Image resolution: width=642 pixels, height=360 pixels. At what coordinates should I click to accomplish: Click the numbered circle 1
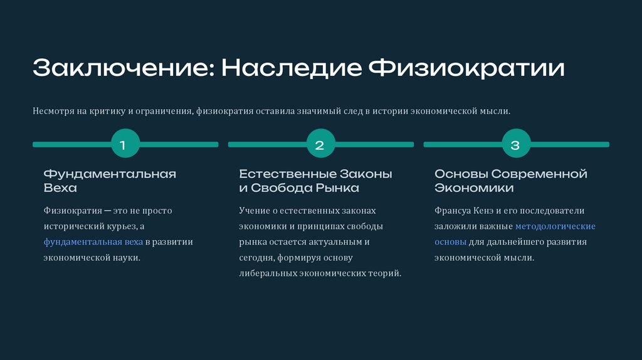[x=123, y=145]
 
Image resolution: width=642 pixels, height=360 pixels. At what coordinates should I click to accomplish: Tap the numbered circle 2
[x=319, y=145]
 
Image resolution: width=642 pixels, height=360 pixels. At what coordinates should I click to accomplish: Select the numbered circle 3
[x=515, y=145]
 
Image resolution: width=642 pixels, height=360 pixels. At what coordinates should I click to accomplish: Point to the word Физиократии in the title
[x=466, y=68]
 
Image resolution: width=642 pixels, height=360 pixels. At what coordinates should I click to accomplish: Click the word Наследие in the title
[x=291, y=68]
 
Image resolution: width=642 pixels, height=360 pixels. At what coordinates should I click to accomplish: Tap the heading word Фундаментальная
[x=110, y=174]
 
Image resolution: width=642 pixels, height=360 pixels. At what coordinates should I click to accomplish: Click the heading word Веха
[x=60, y=188]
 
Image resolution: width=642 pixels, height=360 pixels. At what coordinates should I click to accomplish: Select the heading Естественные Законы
[x=315, y=174]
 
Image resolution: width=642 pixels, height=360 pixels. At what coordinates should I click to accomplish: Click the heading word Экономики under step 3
[x=474, y=188]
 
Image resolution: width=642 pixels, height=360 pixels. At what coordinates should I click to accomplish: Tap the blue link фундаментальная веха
[x=93, y=242]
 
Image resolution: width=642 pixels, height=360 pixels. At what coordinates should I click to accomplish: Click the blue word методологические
[x=555, y=226]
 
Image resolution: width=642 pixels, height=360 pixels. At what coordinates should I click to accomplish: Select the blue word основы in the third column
[x=450, y=242]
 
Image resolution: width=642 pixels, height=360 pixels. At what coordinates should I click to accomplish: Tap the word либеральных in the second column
[x=268, y=273]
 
